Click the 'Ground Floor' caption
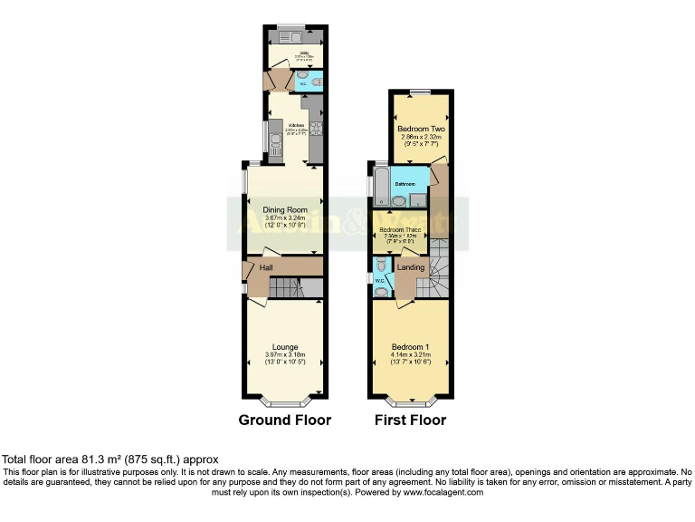click(284, 420)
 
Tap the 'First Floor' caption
click(410, 420)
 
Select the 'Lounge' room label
click(285, 345)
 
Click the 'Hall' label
click(266, 268)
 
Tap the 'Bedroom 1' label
click(410, 347)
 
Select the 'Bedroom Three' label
click(400, 230)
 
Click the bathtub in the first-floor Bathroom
click(379, 186)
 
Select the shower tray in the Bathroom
click(418, 199)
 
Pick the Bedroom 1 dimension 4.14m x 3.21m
click(410, 355)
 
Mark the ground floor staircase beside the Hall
click(287, 288)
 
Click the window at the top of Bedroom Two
click(418, 91)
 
